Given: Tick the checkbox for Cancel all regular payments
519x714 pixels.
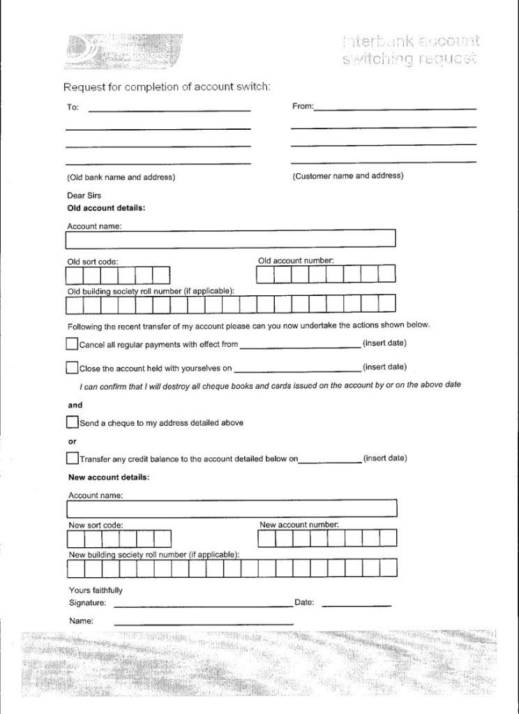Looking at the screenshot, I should [x=72, y=343].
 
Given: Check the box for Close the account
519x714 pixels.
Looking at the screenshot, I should [x=72, y=367].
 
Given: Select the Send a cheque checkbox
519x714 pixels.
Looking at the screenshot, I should [x=72, y=422].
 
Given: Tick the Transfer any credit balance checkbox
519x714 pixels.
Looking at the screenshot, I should [x=72, y=459].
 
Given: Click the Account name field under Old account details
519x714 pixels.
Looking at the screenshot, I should [x=230, y=239].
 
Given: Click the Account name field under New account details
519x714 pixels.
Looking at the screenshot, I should [x=232, y=508].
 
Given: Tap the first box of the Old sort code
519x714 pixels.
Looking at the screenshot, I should [x=75, y=275].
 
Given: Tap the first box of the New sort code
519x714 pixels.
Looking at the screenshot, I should [x=76, y=539].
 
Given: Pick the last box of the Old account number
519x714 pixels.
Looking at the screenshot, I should [x=387, y=274].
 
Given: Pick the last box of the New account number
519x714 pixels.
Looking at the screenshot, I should [x=388, y=538].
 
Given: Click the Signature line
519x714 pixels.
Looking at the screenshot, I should [x=202, y=602].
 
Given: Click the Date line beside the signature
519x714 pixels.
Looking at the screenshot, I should [x=356, y=602].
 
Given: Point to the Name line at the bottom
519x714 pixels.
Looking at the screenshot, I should [x=202, y=620].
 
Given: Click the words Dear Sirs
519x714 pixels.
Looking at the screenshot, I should [x=84, y=196].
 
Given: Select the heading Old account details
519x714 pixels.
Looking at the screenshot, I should [x=106, y=208].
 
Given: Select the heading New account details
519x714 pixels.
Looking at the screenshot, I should [x=109, y=477].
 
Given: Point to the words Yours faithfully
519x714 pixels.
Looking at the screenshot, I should [x=96, y=590].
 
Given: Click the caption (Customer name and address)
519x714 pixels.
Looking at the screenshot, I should [x=347, y=176].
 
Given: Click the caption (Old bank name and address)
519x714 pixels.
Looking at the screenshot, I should [x=121, y=177].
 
